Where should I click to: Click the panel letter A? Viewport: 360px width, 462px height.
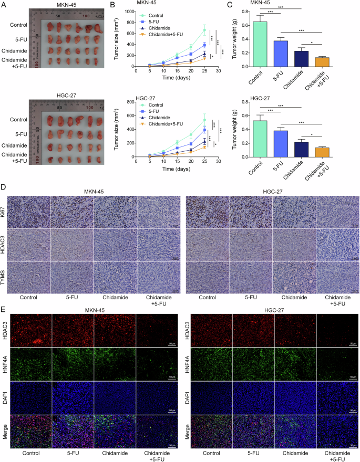(x=4, y=5)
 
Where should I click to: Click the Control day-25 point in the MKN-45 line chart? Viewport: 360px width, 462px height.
(x=205, y=30)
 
